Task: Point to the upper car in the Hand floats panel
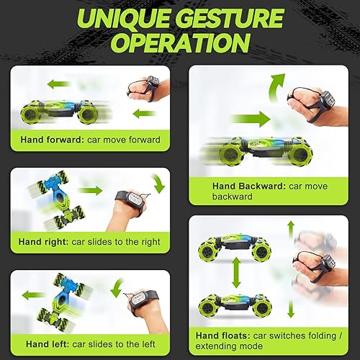[x=234, y=243]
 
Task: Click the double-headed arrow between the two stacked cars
[x=235, y=272]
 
